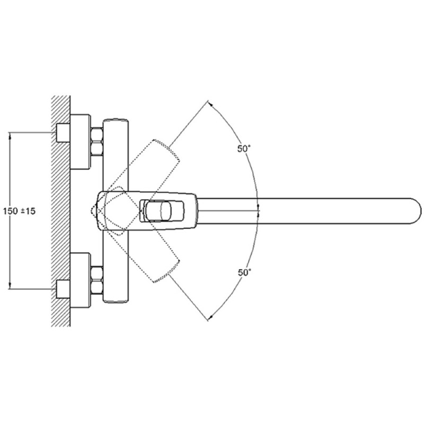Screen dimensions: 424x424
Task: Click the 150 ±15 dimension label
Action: [x=19, y=211]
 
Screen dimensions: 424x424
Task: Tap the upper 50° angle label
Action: [x=244, y=148]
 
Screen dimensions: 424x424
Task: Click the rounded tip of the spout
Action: [x=418, y=211]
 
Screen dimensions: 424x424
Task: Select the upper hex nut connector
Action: [x=97, y=142]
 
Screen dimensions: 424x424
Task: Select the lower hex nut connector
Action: [x=97, y=280]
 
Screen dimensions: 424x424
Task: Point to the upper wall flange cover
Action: [x=81, y=142]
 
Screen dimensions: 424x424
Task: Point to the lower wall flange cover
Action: [x=81, y=280]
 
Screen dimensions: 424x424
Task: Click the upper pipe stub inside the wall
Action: [x=63, y=133]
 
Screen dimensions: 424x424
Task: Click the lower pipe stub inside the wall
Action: [x=63, y=289]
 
